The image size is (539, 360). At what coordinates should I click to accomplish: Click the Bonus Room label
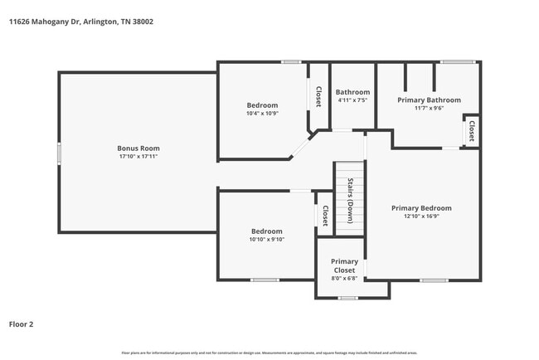coord(138,148)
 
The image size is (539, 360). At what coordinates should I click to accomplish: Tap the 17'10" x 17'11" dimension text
coord(138,156)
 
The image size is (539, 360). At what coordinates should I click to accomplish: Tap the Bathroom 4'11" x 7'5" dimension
coord(352,100)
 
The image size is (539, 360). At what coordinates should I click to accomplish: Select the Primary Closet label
coord(345,265)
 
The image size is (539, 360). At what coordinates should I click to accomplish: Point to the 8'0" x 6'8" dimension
coord(345,278)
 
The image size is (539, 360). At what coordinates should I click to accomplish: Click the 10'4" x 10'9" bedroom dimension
coord(262,113)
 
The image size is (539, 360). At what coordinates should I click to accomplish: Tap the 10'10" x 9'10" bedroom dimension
coord(267,239)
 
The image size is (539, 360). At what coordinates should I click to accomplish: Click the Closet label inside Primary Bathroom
coord(471,131)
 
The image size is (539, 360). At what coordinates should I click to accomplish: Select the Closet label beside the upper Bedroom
coord(318,96)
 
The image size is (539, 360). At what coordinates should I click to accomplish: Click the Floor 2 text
coord(21,324)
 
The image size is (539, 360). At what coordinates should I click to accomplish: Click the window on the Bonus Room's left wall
coord(59,153)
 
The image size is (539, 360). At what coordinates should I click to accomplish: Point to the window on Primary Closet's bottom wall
coord(347,297)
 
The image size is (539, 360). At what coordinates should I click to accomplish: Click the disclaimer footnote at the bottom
coord(269,353)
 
